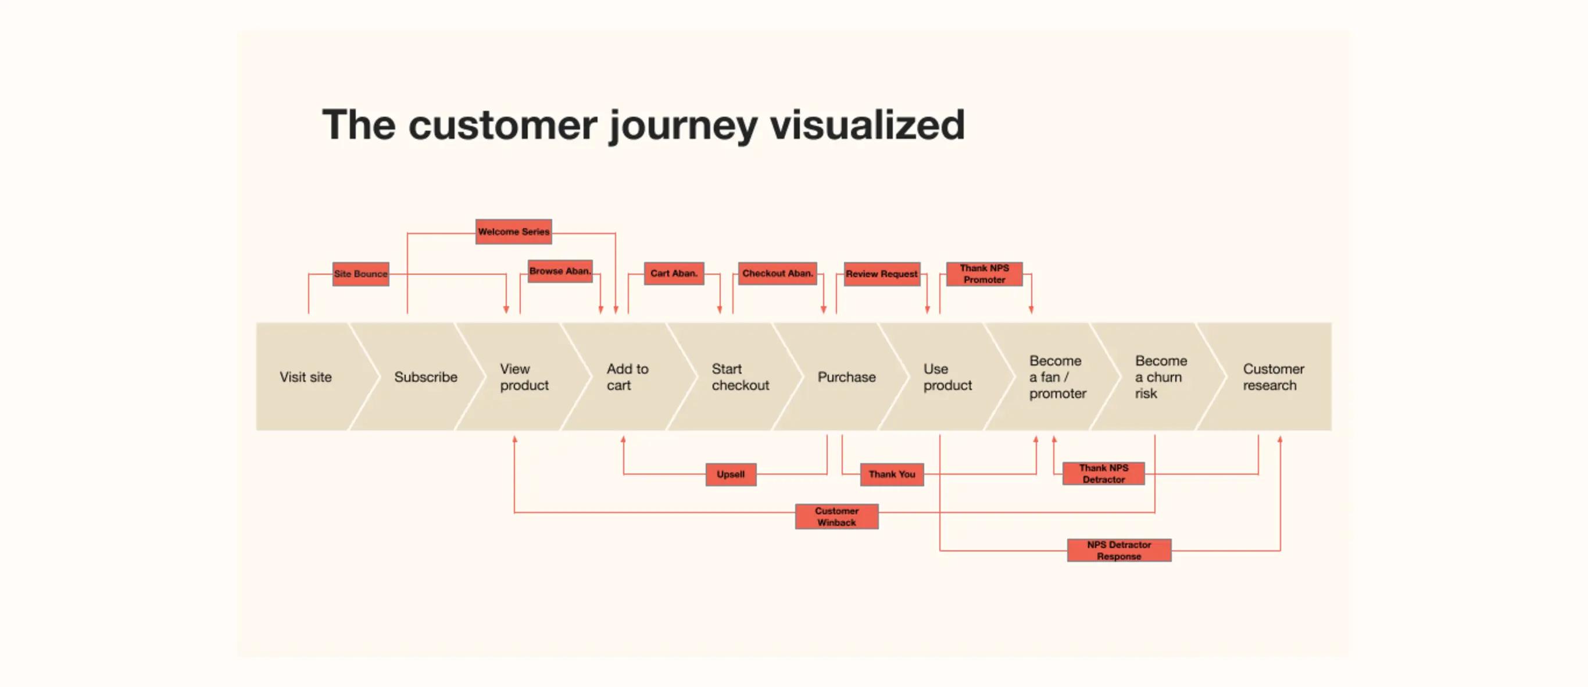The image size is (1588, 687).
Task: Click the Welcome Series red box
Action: (513, 232)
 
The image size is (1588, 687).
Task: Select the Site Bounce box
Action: (360, 274)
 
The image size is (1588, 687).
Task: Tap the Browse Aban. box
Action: (560, 271)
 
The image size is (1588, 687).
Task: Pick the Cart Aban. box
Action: (674, 273)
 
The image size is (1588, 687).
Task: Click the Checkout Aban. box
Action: (777, 273)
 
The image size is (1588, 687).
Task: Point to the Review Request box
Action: (882, 274)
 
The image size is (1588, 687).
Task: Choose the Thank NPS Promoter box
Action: (984, 274)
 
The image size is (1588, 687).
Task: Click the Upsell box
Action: (731, 474)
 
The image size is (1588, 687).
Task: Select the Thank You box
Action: (892, 474)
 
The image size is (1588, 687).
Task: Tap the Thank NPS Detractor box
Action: (1103, 473)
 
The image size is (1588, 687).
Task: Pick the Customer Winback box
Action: (836, 516)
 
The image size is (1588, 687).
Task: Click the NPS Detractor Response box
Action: (1119, 550)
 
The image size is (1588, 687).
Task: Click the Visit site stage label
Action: (305, 377)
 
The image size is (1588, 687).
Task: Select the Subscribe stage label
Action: (425, 377)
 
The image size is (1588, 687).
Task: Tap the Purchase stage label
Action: (846, 377)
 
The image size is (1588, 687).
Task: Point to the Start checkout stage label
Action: (740, 377)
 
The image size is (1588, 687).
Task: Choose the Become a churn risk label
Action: (1160, 377)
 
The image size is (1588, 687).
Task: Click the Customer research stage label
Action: (1273, 377)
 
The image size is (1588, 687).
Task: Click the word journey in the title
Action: (683, 126)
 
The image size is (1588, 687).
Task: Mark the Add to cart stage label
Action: (627, 377)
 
